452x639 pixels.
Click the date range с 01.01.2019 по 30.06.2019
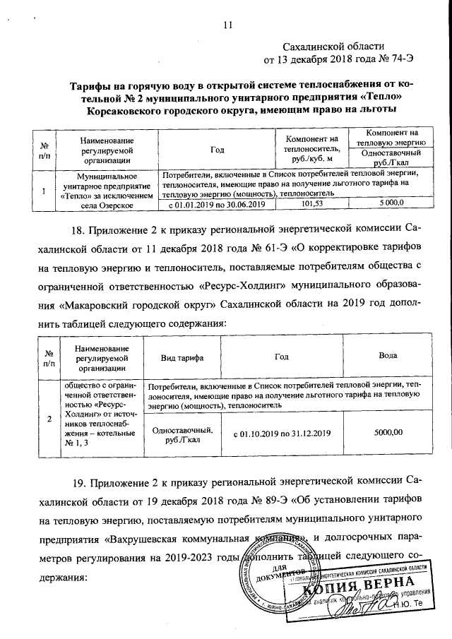coord(216,203)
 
